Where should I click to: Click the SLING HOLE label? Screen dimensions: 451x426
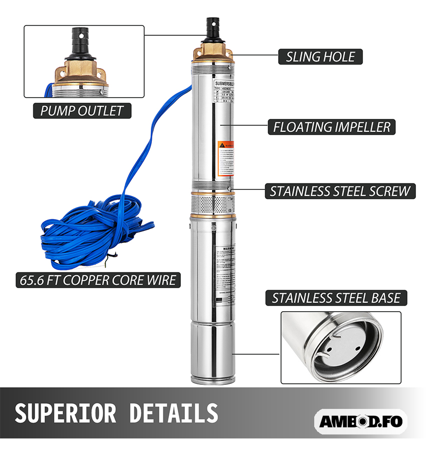click(320, 57)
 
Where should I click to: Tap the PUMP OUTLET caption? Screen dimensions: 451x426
click(82, 111)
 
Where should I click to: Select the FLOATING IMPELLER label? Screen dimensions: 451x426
click(331, 127)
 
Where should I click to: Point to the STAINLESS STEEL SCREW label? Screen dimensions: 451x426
click(340, 191)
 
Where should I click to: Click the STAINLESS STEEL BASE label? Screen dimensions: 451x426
click(336, 298)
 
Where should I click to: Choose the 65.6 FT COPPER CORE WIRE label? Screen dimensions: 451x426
click(96, 280)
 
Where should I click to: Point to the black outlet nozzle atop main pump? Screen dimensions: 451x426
click(211, 30)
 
